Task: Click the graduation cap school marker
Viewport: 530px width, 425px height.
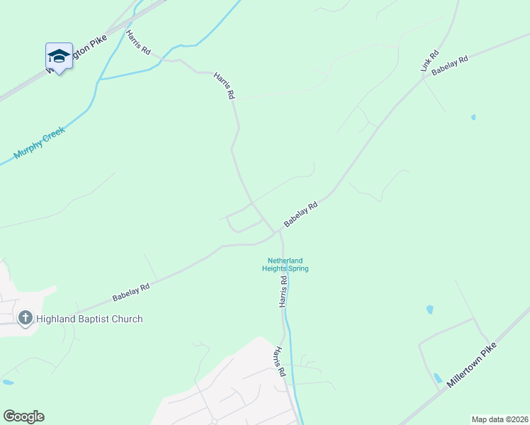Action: [x=59, y=56]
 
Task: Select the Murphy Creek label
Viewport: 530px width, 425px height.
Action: [x=39, y=142]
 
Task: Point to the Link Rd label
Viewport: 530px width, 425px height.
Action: [x=430, y=61]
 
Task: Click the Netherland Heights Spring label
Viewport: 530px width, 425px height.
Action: [x=285, y=264]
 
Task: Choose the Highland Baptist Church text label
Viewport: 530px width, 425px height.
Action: [x=89, y=319]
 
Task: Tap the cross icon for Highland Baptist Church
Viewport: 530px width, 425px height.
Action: [x=26, y=318]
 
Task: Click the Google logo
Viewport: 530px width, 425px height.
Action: [x=23, y=416]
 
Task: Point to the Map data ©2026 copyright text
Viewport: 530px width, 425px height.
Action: [x=500, y=419]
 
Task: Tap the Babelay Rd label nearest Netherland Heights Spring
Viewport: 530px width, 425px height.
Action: [x=300, y=214]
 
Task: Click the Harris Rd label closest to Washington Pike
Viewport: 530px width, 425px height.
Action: [x=138, y=42]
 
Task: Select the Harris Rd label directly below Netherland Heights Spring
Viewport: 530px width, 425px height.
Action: [x=283, y=291]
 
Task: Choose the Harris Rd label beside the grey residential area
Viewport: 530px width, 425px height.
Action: [x=281, y=361]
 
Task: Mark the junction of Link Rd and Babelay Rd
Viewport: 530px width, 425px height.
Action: [x=424, y=76]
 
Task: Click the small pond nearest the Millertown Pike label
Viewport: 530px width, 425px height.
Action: [x=438, y=378]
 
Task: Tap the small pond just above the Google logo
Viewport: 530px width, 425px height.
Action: [x=8, y=382]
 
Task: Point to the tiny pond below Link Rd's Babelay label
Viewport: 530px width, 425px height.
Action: [x=473, y=117]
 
